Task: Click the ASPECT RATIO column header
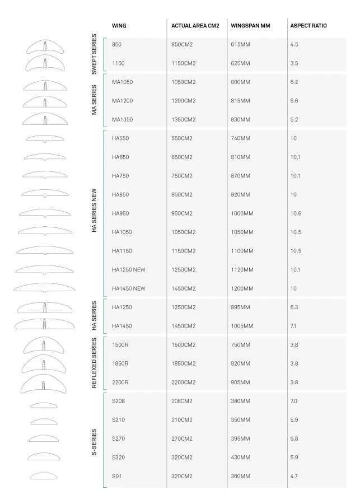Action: click(308, 26)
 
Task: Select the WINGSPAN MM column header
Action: click(250, 26)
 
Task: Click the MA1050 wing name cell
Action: click(122, 82)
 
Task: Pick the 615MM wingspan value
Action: click(240, 44)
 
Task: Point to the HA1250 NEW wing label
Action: click(129, 269)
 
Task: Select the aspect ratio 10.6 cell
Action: click(296, 213)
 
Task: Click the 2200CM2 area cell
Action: click(184, 382)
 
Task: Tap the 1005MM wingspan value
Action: click(242, 326)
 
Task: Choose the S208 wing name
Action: click(119, 401)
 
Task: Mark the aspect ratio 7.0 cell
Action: click(294, 401)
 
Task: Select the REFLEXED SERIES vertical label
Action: click(94, 363)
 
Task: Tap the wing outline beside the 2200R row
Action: click(44, 385)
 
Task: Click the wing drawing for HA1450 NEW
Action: click(44, 288)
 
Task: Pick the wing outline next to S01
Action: click(44, 476)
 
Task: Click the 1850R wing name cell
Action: click(120, 363)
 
